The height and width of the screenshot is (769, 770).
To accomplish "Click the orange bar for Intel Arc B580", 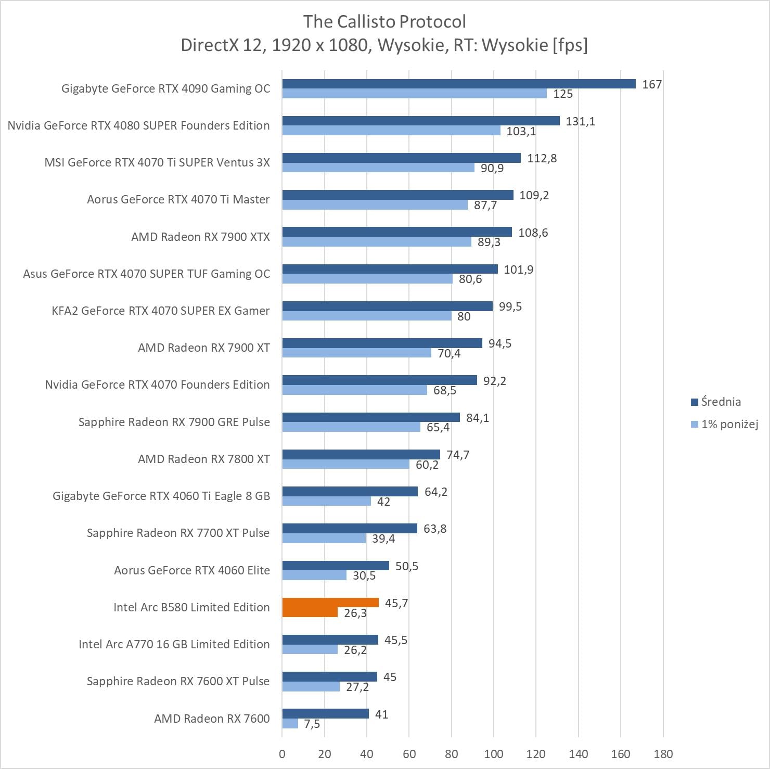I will [x=330, y=603].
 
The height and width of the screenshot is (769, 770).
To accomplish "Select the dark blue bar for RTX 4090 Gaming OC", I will [x=458, y=84].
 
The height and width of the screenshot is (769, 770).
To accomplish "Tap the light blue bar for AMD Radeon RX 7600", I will [x=290, y=724].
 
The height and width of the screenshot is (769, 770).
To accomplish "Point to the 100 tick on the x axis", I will [x=494, y=754].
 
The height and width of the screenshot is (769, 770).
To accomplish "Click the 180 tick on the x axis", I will [x=663, y=754].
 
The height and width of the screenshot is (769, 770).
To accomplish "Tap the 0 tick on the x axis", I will [x=282, y=754].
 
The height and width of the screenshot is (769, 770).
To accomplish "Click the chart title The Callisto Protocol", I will [x=384, y=21].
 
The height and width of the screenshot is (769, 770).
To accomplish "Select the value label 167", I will [x=651, y=84].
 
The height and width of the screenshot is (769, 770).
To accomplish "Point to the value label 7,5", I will [x=312, y=724].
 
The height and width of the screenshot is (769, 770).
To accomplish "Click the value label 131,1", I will [x=580, y=121].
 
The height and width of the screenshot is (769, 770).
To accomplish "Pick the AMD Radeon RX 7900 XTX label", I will [x=200, y=237].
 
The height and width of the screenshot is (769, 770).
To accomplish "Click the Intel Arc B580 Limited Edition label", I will [x=191, y=607].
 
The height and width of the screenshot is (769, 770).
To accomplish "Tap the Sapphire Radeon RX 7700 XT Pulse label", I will [x=178, y=533].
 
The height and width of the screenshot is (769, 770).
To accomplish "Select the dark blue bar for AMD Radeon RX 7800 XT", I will [x=361, y=455].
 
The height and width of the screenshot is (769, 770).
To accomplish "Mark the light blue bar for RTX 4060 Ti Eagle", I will [x=327, y=501].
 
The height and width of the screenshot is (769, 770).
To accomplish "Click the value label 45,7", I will [x=396, y=603].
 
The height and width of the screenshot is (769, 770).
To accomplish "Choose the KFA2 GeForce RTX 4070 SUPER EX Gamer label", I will [x=160, y=311].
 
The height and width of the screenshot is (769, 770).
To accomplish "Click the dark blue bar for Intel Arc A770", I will [x=330, y=640].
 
